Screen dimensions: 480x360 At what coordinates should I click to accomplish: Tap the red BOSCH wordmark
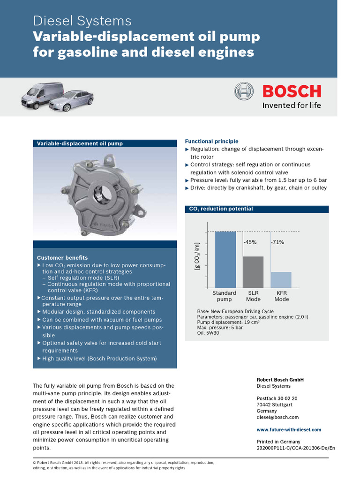(x=292, y=91)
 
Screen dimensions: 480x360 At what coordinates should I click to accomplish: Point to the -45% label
(x=250, y=242)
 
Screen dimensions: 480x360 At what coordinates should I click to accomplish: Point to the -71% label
(x=277, y=242)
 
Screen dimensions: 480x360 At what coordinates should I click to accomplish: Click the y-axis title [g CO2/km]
(x=197, y=256)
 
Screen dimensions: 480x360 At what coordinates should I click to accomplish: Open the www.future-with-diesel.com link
(x=289, y=429)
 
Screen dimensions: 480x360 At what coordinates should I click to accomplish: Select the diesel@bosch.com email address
(x=277, y=417)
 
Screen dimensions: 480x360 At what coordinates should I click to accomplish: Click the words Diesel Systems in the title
(x=82, y=21)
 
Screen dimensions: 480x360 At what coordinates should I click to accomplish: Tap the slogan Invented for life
(x=292, y=105)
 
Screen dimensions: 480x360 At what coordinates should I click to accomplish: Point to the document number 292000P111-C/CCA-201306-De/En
(x=296, y=448)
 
